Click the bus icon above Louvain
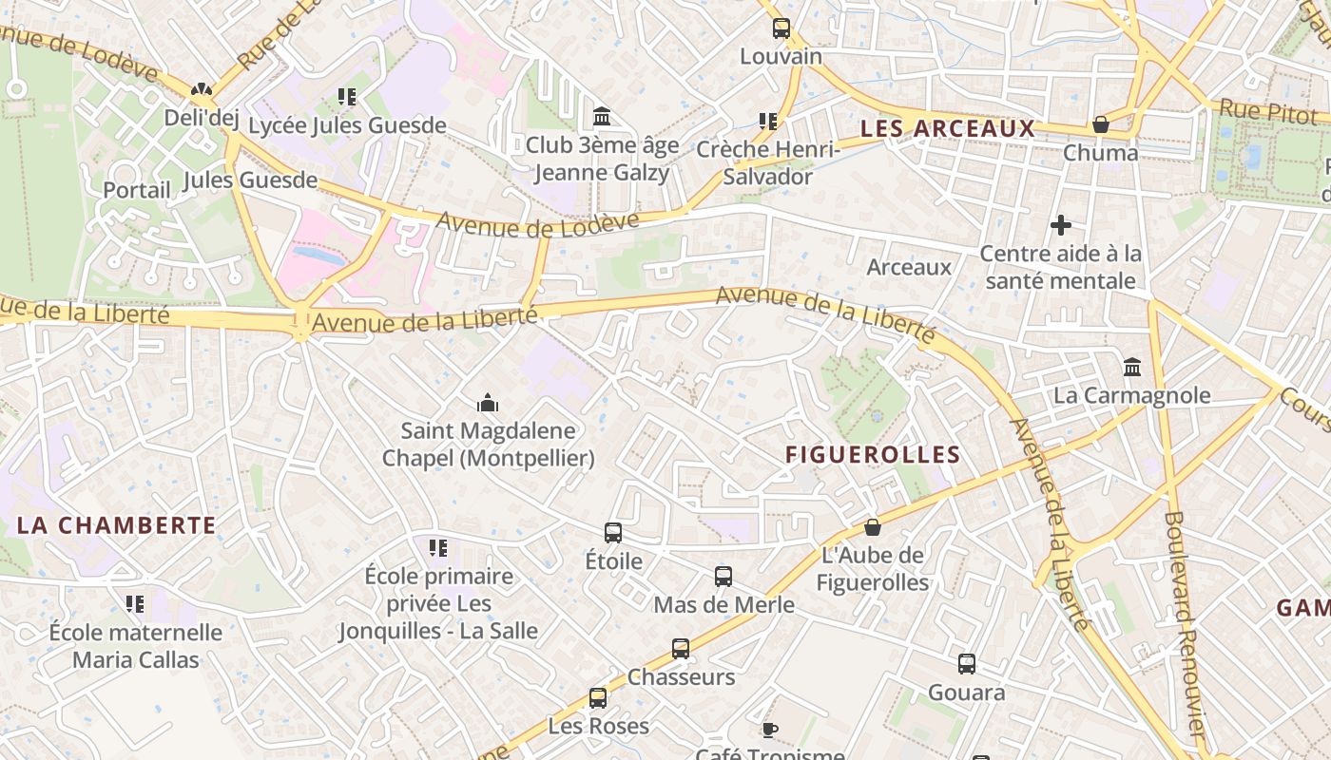point(781,28)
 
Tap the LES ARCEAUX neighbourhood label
point(947,128)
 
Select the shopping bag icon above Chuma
point(1100,124)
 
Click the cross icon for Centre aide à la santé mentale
point(1061,225)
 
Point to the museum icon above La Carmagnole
point(1131,367)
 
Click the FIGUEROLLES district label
point(873,454)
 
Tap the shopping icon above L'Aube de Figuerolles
point(872,526)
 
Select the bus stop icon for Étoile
point(613,533)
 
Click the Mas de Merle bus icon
point(723,576)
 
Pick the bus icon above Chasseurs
point(681,649)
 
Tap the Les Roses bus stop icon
point(598,698)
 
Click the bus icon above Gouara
point(967,664)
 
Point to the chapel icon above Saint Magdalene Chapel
point(488,403)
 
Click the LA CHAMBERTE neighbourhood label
point(116,524)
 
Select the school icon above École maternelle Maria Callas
point(135,604)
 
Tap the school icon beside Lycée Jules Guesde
point(347,97)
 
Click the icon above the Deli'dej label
point(201,90)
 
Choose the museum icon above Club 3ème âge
point(602,117)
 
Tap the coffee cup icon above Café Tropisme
point(769,730)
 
